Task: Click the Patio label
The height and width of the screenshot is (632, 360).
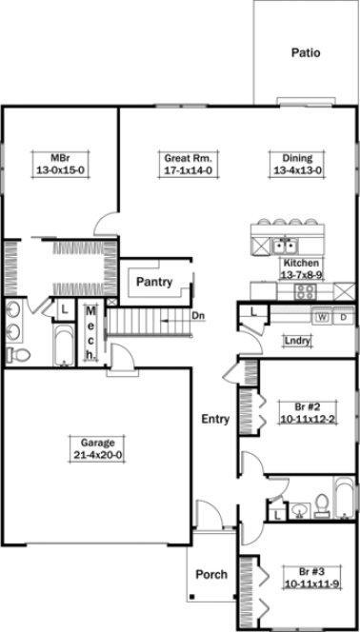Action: coord(305,54)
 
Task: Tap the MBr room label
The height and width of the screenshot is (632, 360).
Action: coord(61,164)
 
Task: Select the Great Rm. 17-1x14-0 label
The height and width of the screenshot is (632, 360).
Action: coord(187,164)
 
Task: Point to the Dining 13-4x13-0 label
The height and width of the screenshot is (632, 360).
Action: coord(297,164)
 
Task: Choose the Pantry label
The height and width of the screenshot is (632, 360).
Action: coord(152,282)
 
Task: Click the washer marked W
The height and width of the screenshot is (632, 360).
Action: coord(323,318)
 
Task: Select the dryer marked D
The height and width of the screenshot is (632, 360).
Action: coord(342,318)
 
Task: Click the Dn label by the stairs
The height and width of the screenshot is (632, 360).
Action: coord(197,315)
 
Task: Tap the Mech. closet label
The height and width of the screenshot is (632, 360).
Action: coord(91,332)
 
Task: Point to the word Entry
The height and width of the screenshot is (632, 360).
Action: coord(215,418)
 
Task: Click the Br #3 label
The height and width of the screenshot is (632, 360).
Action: coord(302,578)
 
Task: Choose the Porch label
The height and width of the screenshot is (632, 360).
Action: coord(211,574)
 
